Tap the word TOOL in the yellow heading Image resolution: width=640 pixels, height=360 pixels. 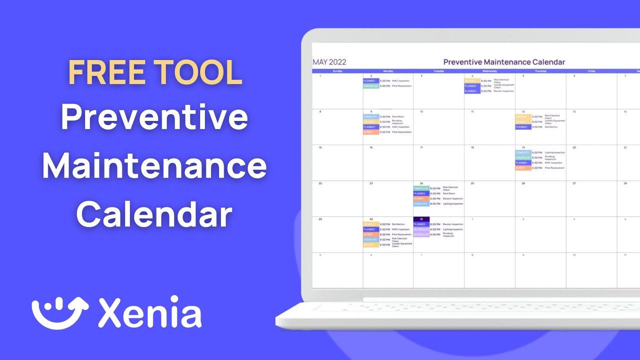click(x=198, y=72)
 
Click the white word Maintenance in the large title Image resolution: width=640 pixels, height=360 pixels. click(x=154, y=166)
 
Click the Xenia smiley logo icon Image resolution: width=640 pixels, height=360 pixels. click(x=60, y=312)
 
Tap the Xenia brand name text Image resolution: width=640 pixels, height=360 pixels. click(x=150, y=312)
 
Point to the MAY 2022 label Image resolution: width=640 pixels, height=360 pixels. click(x=329, y=62)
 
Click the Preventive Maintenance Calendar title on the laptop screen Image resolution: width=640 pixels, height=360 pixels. click(x=504, y=62)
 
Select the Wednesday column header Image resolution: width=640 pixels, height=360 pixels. click(x=489, y=71)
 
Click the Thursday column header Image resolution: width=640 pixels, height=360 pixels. click(x=540, y=71)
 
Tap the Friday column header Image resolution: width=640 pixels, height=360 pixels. click(x=591, y=71)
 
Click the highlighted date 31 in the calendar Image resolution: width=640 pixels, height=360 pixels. click(x=421, y=219)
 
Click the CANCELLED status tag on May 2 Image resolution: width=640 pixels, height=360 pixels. click(x=371, y=86)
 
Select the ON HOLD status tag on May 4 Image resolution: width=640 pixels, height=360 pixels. click(x=472, y=81)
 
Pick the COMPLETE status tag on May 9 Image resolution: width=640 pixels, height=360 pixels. click(x=371, y=117)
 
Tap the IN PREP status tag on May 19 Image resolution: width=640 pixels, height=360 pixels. click(x=523, y=168)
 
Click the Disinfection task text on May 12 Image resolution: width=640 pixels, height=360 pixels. click(x=551, y=127)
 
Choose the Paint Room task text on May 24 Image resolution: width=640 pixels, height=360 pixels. click(x=448, y=193)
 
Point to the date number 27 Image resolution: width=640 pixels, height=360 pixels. click(x=574, y=183)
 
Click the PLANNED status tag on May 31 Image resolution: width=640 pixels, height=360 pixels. click(x=421, y=224)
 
